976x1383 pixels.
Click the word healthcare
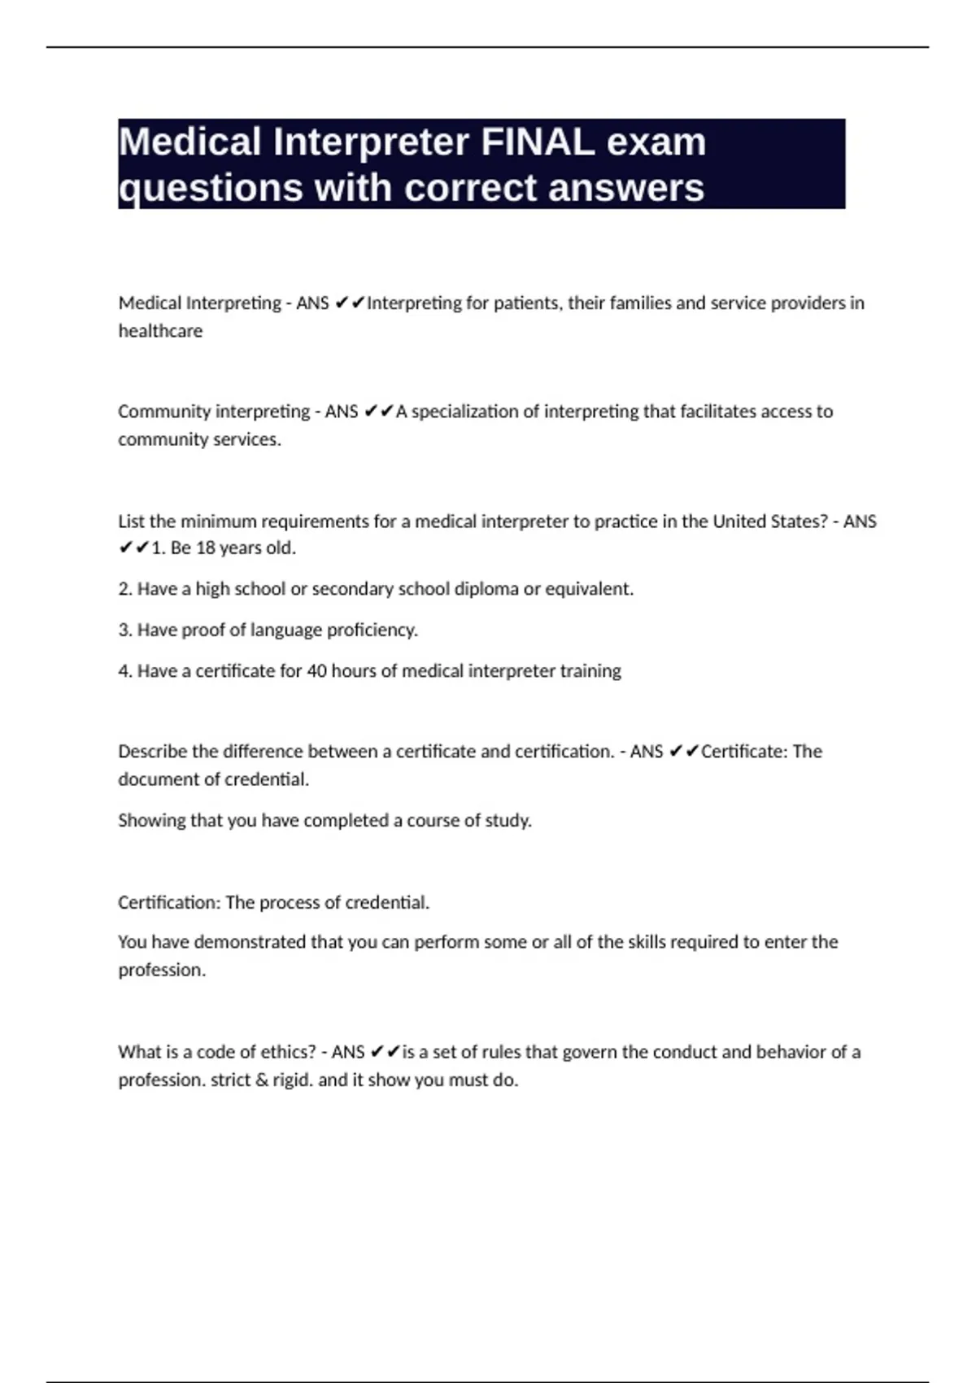[160, 331]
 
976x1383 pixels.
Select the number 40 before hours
[316, 671]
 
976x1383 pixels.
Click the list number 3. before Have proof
[125, 630]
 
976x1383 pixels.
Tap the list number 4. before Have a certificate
[125, 671]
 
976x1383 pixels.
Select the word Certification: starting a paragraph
[168, 903]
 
